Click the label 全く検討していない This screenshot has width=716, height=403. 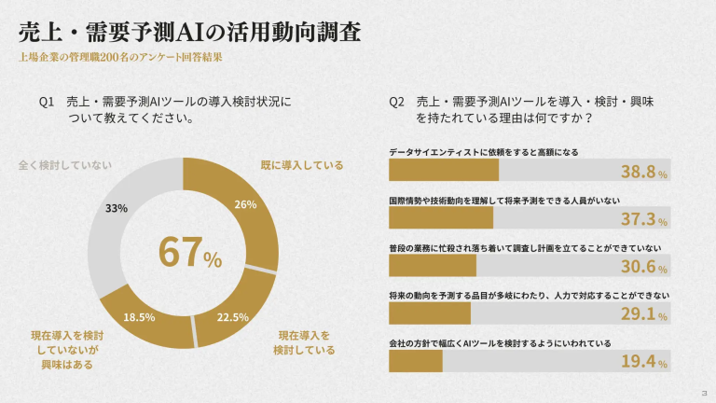[x=64, y=165]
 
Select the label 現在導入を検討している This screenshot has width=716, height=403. [x=304, y=342]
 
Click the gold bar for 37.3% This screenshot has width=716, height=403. [x=440, y=218]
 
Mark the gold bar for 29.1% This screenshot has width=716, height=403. [x=429, y=313]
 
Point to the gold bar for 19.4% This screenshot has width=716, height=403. [x=415, y=360]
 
